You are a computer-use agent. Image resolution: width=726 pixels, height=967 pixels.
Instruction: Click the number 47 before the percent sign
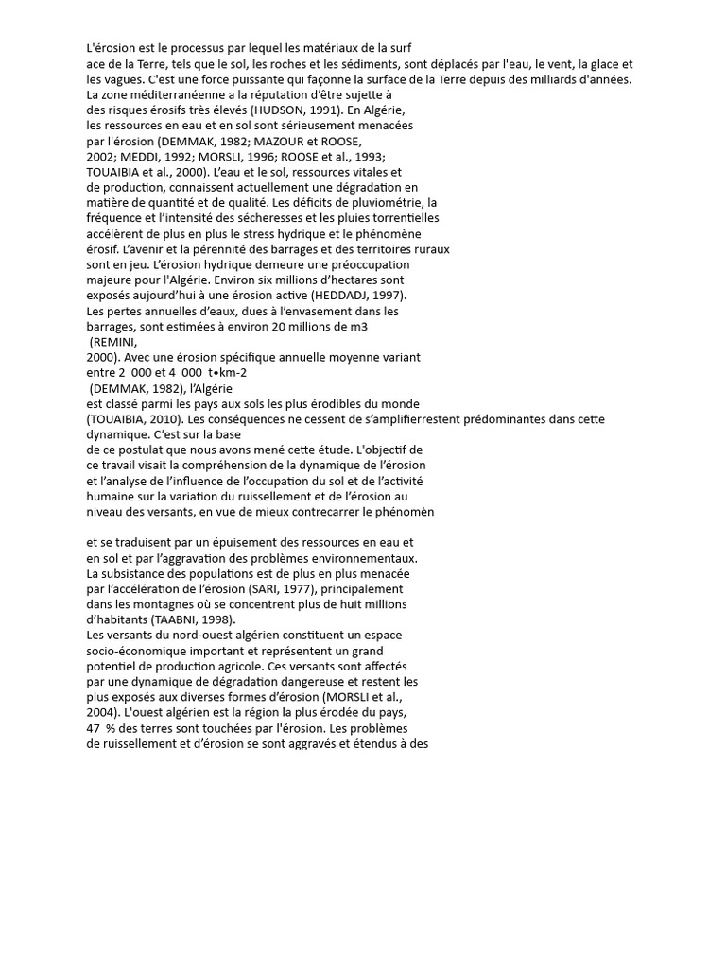[x=94, y=727]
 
